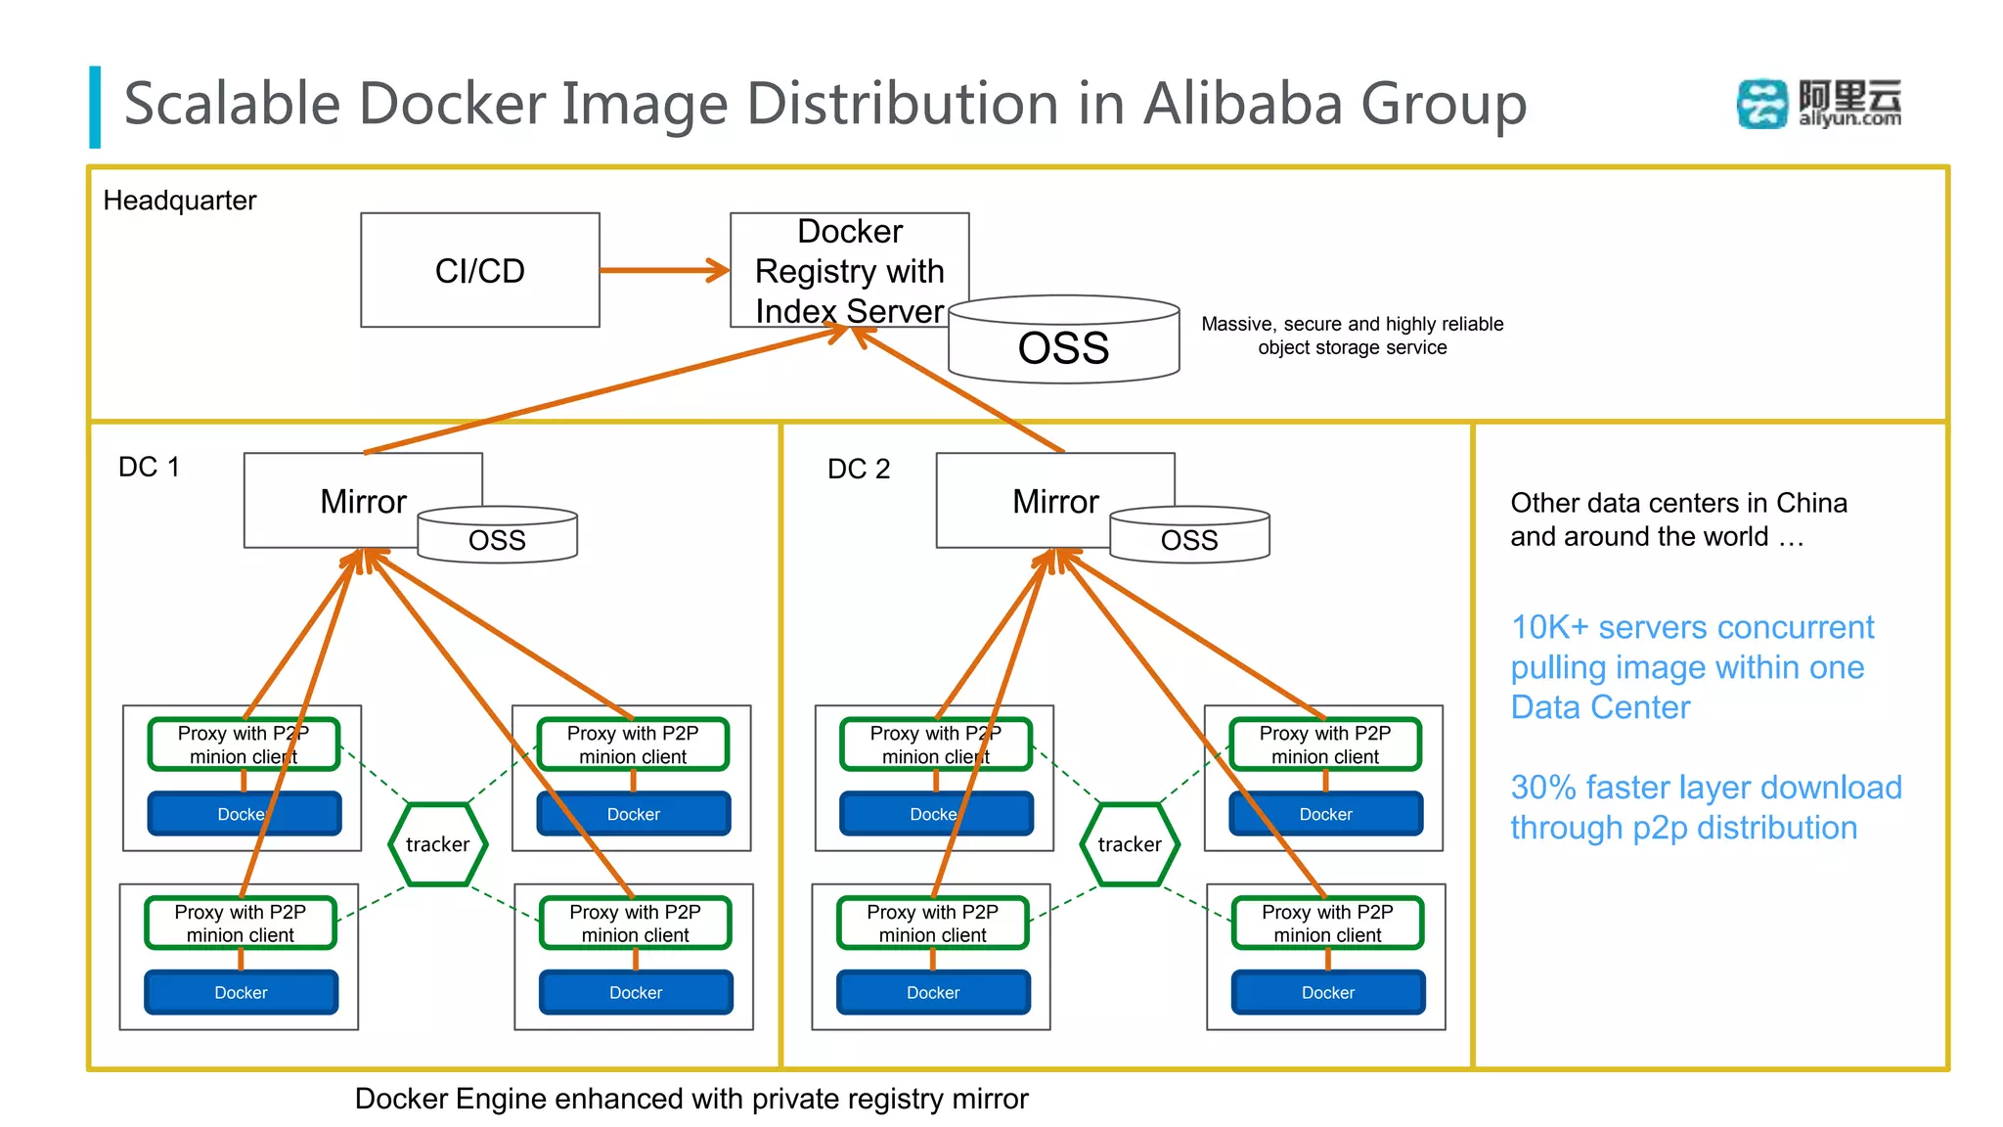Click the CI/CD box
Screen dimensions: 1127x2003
[x=479, y=270]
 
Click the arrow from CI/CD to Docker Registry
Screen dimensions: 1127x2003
[x=664, y=270]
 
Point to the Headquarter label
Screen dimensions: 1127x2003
[x=179, y=201]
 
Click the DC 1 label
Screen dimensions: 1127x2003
[x=149, y=467]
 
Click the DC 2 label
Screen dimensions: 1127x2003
[x=859, y=469]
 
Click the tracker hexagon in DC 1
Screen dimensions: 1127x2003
[x=437, y=844]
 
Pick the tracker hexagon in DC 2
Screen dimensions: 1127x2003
[x=1130, y=844]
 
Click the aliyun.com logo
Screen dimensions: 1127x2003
[x=1819, y=104]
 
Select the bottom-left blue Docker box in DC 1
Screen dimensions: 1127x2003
[x=241, y=992]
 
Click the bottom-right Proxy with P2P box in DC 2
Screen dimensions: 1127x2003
[x=1327, y=923]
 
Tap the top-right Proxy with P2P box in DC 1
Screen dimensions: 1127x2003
[x=633, y=744]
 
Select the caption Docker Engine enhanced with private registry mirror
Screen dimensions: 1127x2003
[x=690, y=1099]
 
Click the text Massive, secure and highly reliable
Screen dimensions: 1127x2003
[x=1352, y=324]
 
